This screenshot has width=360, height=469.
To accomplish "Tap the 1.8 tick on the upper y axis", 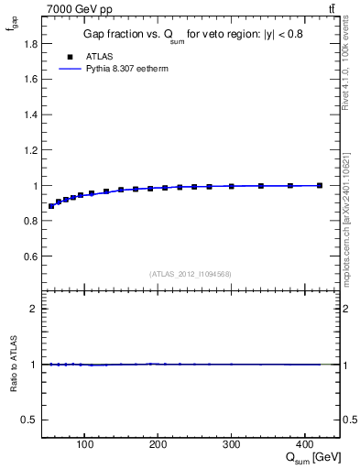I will pyautogui.click(x=31, y=43).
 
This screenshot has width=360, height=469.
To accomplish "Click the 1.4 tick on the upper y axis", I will pyautogui.click(x=31, y=115).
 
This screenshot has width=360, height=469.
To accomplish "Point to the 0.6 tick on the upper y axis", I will pyautogui.click(x=31, y=256).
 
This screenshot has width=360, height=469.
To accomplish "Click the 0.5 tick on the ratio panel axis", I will pyautogui.click(x=31, y=420).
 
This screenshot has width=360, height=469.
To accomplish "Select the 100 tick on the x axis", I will pyautogui.click(x=84, y=446).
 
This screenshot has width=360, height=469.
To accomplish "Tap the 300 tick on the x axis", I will pyautogui.click(x=231, y=446).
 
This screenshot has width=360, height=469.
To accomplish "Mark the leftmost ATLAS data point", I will pyautogui.click(x=51, y=206).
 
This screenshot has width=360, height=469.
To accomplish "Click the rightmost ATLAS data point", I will pyautogui.click(x=319, y=185).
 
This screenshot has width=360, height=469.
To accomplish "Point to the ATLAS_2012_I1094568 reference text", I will pyautogui.click(x=191, y=274).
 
